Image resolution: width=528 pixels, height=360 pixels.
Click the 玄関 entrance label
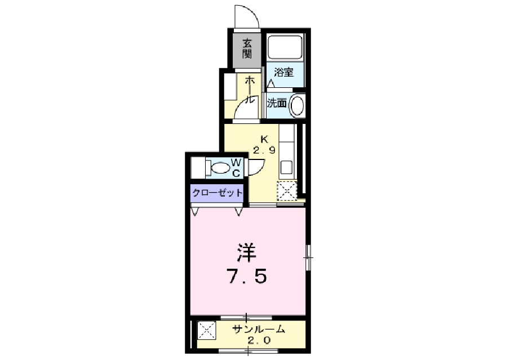[247, 48]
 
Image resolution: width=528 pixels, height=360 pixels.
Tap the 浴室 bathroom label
[283, 72]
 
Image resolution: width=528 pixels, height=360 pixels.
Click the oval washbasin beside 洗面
[296, 105]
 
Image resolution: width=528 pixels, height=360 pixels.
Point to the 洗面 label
[277, 103]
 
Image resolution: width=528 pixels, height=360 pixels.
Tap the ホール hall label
[250, 89]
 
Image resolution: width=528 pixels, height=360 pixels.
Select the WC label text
[236, 168]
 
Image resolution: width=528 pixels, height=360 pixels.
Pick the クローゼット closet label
[217, 193]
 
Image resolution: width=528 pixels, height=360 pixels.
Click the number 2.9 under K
[264, 150]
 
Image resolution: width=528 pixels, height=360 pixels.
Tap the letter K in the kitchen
[265, 139]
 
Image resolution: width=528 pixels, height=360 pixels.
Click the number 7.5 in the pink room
[247, 277]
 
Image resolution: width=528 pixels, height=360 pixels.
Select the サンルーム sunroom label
[259, 329]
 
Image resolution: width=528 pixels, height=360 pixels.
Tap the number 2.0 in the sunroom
[259, 340]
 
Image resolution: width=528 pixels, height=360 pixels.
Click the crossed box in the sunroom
[206, 330]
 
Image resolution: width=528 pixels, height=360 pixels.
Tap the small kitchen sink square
[286, 167]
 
